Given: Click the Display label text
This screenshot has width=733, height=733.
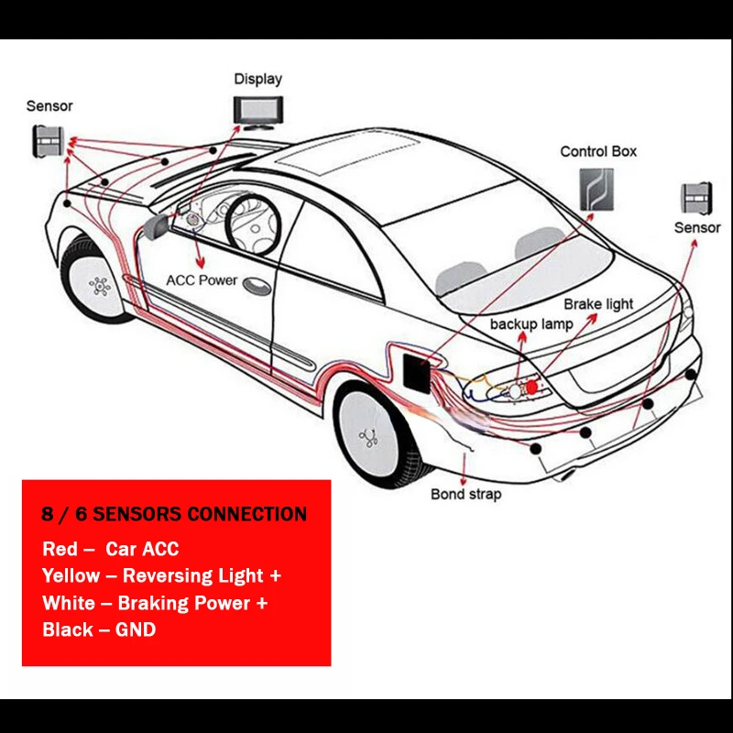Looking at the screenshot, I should point(257,79).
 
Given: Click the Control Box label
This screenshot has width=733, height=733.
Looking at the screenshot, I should point(598,151).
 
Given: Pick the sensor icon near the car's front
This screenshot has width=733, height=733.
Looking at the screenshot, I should point(49,140).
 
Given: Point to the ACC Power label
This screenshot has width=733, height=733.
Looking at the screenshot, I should point(202,280).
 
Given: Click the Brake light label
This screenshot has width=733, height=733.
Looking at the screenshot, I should point(598,304).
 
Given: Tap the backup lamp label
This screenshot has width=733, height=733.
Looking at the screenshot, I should point(531,323).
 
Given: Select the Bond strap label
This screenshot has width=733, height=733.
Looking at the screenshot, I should point(466,495).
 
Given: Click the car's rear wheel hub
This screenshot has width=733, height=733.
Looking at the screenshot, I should point(370,437).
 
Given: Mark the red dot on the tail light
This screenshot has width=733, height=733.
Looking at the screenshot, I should point(531,388).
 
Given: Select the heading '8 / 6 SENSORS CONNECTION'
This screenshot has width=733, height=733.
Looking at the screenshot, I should point(174,513).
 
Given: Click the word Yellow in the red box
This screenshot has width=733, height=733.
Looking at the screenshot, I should point(71,575).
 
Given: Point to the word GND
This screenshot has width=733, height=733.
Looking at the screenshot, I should point(135,629).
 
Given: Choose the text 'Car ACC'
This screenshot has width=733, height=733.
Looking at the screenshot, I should point(142,549).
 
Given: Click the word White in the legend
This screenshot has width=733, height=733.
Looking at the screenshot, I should point(68,603).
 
